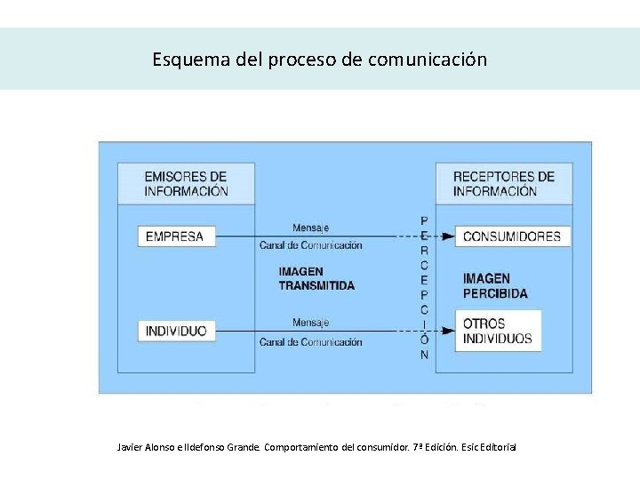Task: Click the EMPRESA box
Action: tap(175, 236)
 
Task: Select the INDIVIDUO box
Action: tap(176, 331)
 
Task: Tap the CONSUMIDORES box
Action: tap(512, 236)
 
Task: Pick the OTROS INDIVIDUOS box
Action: tap(498, 331)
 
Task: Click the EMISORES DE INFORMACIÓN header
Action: tap(186, 183)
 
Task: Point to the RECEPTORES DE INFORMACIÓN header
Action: tap(503, 183)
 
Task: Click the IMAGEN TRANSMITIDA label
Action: tap(316, 278)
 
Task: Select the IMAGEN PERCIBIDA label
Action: tap(495, 285)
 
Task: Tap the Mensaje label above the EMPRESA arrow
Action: tap(310, 228)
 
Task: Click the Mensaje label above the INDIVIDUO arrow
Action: tap(310, 322)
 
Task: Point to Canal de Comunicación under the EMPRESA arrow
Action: tap(310, 245)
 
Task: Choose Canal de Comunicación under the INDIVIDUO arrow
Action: tap(310, 342)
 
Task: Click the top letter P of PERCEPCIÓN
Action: tap(424, 220)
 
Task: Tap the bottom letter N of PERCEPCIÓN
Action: tap(424, 354)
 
